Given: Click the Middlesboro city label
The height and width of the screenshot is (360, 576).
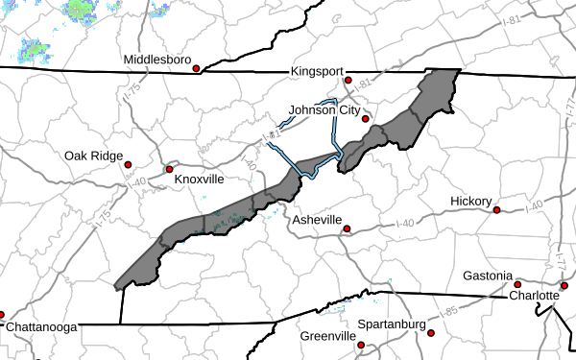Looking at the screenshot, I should (156, 60).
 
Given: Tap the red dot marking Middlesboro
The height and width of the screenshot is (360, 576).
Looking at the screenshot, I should (196, 69).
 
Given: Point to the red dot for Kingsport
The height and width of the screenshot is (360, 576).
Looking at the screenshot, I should (348, 81).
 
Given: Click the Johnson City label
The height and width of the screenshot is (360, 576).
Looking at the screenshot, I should (324, 108).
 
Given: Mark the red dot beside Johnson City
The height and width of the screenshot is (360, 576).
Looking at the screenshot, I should (365, 117).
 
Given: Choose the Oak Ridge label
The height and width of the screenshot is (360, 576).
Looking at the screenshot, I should (94, 156).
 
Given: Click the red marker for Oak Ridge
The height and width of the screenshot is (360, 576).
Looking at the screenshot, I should (128, 165).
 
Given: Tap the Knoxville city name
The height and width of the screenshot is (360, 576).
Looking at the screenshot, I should (199, 180).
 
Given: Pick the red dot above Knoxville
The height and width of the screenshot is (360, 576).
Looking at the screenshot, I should (169, 169).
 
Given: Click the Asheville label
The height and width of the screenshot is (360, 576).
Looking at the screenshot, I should (317, 220).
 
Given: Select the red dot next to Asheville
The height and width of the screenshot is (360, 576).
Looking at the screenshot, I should (348, 229).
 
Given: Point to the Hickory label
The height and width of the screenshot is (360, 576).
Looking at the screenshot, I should (470, 201).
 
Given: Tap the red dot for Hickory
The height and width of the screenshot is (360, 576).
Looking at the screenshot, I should (497, 209).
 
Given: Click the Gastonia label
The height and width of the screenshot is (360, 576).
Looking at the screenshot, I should (487, 276).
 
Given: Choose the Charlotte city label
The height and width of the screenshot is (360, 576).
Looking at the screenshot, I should (534, 297).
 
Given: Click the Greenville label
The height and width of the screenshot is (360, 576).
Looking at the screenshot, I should (327, 337).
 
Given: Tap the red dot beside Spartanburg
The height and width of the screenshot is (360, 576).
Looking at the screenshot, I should (431, 333).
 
